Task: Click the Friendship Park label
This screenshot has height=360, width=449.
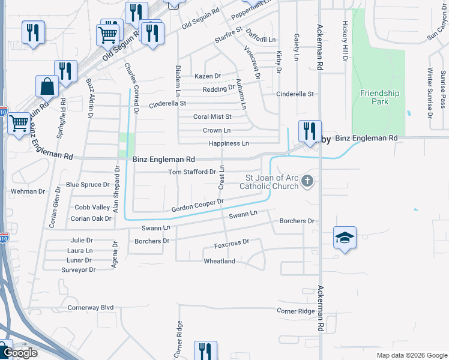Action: (379, 97)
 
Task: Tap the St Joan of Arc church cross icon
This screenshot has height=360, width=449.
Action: (307, 181)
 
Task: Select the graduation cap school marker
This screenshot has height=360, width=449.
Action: (345, 239)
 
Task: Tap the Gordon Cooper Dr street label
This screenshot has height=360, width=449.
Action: (197, 205)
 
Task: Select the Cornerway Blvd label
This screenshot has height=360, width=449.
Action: (91, 307)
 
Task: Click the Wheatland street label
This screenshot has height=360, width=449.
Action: (220, 262)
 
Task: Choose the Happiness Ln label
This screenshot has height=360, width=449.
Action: (228, 143)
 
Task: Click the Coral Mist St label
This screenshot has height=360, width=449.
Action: (212, 116)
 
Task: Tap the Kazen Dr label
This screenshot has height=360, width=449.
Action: (208, 76)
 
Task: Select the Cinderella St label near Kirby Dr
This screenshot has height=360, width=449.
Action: (295, 94)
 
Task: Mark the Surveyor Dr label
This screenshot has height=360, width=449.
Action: (78, 269)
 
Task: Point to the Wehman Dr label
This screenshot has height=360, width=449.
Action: (28, 191)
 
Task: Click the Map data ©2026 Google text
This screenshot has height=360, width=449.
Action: (411, 355)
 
